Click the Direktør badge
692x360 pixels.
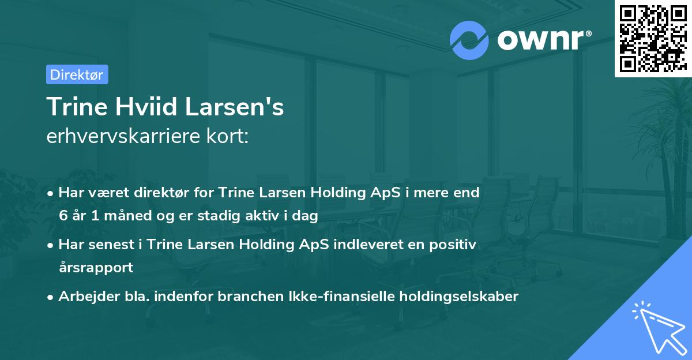tap(77, 74)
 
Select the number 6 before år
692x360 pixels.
tap(63, 216)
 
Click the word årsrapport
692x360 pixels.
tap(96, 268)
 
